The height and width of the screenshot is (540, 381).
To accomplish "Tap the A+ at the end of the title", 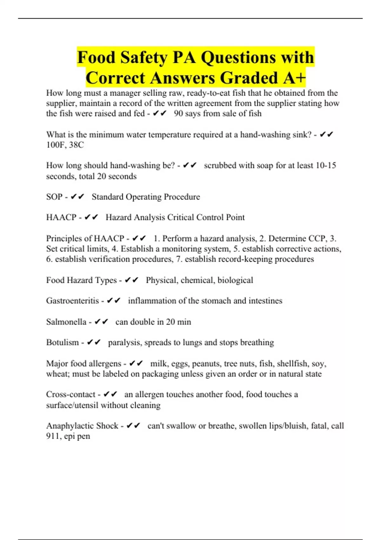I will coord(294,78).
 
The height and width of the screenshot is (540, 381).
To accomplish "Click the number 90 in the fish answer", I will coord(178,113).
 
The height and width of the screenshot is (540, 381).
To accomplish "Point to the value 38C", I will coord(77,145).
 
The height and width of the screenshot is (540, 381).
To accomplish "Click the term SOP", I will coord(54,197).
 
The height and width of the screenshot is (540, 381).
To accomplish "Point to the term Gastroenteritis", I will coord(72,300).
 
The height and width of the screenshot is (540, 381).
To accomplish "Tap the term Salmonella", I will coord(66,322).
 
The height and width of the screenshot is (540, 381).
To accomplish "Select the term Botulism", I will coord(62,342).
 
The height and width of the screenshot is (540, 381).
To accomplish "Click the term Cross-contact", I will coord(70,394).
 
